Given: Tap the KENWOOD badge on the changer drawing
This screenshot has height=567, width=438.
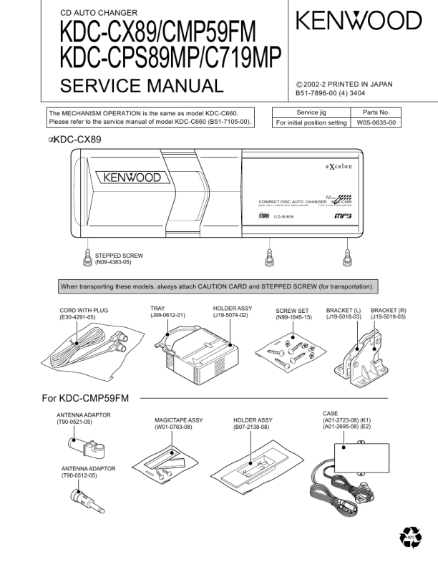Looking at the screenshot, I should (133, 177).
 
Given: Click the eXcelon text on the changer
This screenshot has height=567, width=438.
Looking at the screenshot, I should (335, 166).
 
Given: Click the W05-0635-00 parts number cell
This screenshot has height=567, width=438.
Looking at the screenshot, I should (373, 123).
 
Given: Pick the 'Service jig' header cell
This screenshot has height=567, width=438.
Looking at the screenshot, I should (311, 112).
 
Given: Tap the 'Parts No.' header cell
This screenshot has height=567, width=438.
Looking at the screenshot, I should (373, 112).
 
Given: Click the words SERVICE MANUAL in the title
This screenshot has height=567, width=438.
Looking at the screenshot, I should (141, 87).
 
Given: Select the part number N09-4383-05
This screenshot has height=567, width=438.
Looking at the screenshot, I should (113, 263).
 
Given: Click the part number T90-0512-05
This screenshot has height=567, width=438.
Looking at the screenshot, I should (82, 475).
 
